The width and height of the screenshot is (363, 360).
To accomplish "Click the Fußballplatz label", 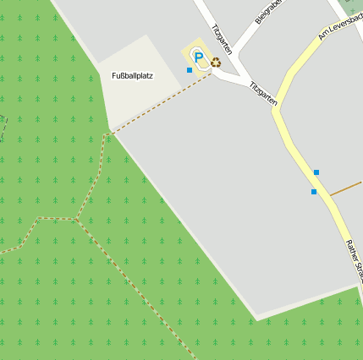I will [x=132, y=76].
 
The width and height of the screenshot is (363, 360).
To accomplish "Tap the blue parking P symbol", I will [x=199, y=58].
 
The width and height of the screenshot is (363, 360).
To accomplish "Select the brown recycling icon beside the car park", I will [x=216, y=62].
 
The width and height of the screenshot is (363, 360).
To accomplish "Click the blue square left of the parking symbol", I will [x=189, y=70].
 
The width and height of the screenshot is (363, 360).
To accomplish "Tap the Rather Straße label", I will [x=353, y=259].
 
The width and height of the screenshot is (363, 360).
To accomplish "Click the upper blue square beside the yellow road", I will [x=316, y=172].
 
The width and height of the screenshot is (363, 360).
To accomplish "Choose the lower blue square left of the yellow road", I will [x=314, y=192].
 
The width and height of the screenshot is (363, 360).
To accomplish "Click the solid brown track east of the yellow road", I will [x=347, y=188].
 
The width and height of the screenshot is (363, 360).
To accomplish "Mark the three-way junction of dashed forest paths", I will [x=77, y=219].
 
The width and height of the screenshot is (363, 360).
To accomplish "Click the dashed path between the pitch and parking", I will [x=161, y=102].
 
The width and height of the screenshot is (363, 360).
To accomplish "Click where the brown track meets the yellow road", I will [x=329, y=196].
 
